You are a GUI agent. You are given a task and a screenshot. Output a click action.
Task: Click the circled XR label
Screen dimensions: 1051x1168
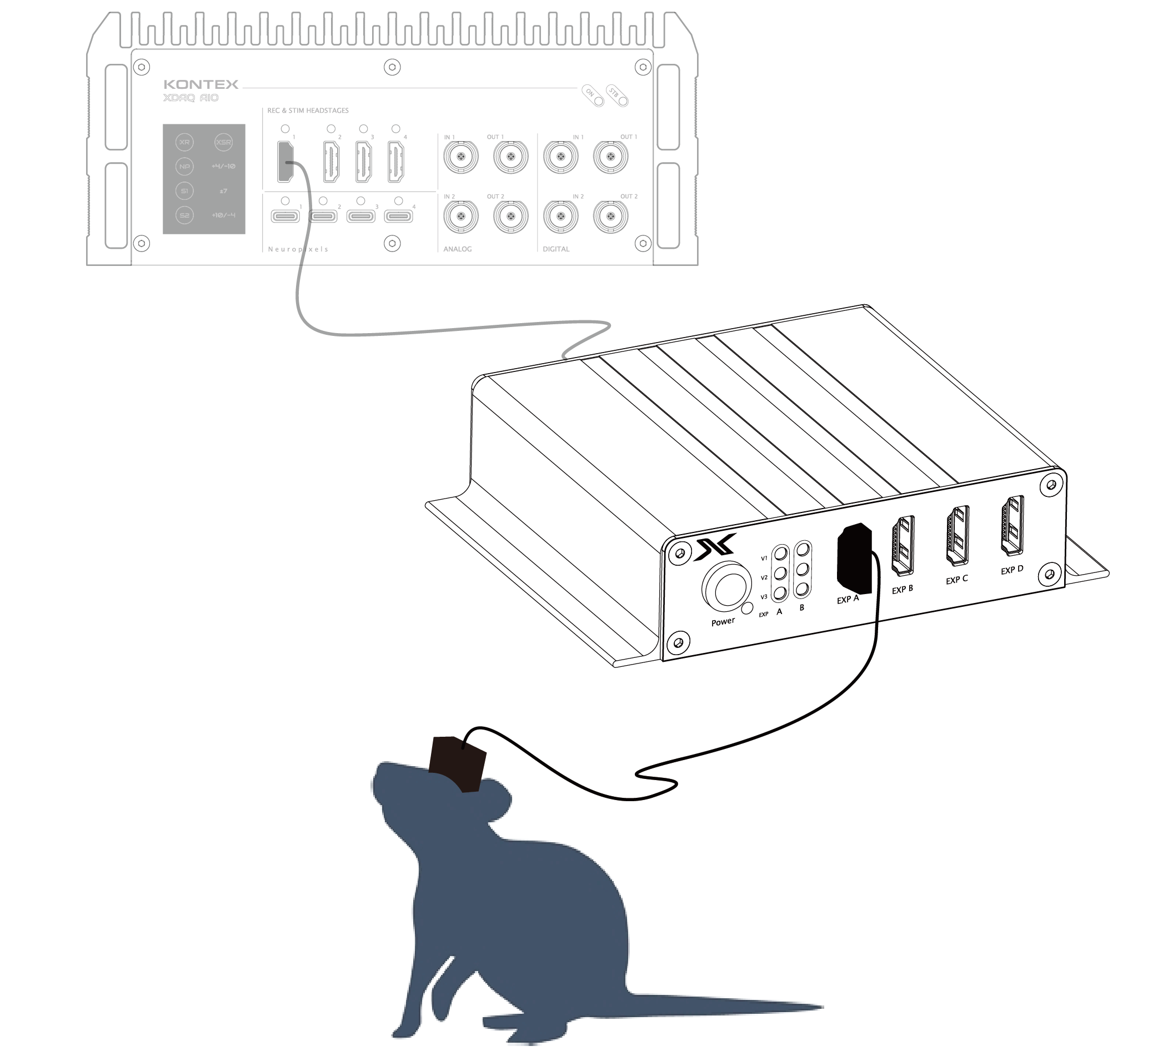[x=184, y=142]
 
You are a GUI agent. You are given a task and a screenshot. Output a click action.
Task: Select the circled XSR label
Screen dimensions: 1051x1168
[x=223, y=142]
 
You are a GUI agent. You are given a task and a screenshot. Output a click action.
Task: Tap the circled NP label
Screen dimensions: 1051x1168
[x=184, y=167]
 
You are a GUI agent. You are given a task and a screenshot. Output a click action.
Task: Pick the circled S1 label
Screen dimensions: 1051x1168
[x=184, y=191]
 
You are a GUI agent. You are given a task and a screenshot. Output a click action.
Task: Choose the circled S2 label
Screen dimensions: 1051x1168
[x=184, y=215]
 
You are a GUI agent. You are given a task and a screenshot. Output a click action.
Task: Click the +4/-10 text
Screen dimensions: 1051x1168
[x=223, y=167]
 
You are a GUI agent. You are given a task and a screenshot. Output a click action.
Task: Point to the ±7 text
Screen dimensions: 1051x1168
[x=223, y=191]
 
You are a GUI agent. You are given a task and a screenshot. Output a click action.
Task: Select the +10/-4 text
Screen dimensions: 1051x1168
[x=223, y=215]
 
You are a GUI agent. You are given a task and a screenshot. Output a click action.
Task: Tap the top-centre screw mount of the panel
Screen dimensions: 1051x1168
[x=392, y=67]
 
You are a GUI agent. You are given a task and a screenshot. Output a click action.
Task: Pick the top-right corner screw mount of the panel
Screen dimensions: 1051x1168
[x=639, y=68]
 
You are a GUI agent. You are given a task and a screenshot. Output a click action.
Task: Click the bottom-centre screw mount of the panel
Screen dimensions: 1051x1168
[x=392, y=243]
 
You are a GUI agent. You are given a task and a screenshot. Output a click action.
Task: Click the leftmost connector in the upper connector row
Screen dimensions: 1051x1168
[x=460, y=156]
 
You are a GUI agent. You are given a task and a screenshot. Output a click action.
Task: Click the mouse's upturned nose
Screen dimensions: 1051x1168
[x=383, y=768]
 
